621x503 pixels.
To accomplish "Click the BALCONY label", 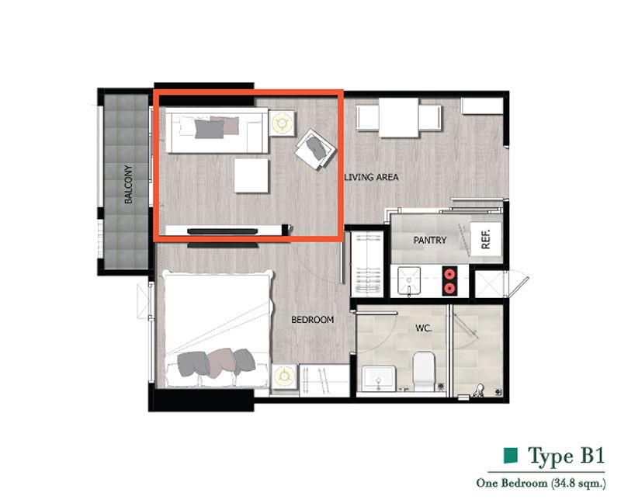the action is click(x=128, y=184).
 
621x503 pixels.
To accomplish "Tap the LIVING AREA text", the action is click(x=372, y=177).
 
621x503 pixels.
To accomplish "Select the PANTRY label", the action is click(x=430, y=240).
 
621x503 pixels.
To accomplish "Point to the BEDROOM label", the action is click(x=313, y=320).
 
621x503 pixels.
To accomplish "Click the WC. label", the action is click(x=423, y=328).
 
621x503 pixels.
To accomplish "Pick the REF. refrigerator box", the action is click(x=486, y=239).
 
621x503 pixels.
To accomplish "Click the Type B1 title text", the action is click(x=567, y=456).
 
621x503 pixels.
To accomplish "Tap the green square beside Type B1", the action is click(x=511, y=456).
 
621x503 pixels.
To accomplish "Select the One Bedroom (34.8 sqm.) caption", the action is click(x=541, y=483).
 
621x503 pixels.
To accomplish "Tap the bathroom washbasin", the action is click(x=379, y=379).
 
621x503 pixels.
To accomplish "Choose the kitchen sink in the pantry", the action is click(x=409, y=280).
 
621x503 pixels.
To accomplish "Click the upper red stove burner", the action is click(x=449, y=274).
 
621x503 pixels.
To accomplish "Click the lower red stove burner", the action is click(x=449, y=288).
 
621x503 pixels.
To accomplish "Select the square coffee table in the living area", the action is click(x=251, y=176).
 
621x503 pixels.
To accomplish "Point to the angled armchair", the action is click(x=315, y=149).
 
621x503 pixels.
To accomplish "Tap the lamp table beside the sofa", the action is click(x=282, y=123).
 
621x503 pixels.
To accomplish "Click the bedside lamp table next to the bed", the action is click(x=284, y=376).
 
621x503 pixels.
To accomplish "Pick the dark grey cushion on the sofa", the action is click(x=209, y=129).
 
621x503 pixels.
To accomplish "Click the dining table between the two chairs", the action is click(x=398, y=118).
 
